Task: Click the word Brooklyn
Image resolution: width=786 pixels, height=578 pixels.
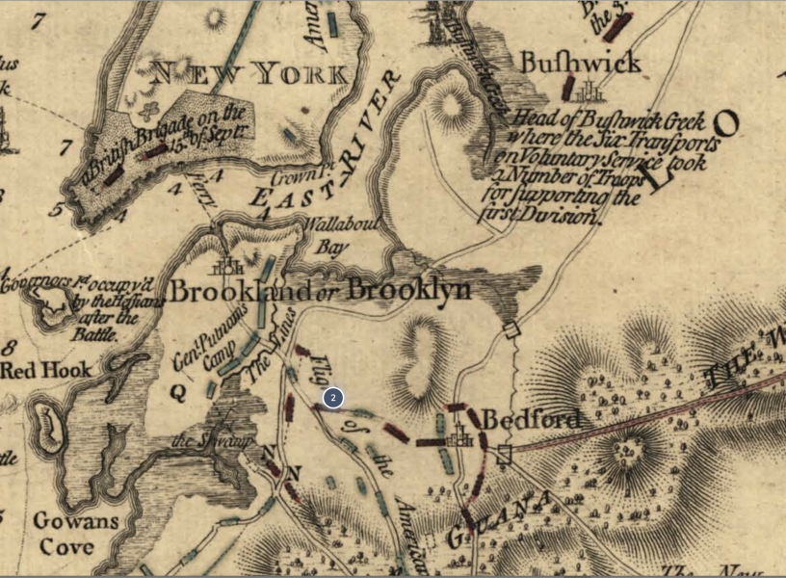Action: coord(409,289)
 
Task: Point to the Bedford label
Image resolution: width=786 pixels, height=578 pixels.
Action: coord(531,420)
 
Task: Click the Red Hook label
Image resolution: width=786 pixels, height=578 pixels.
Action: coord(45,370)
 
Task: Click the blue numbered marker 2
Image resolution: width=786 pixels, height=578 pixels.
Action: coord(332,397)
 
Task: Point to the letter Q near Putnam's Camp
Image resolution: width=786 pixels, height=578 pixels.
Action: coord(178,391)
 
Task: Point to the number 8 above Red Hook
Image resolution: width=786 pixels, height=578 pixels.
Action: coord(11,347)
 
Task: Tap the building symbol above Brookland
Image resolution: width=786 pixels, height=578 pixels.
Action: coord(228,267)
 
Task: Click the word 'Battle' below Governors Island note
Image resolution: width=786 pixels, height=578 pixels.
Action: coord(92,334)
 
